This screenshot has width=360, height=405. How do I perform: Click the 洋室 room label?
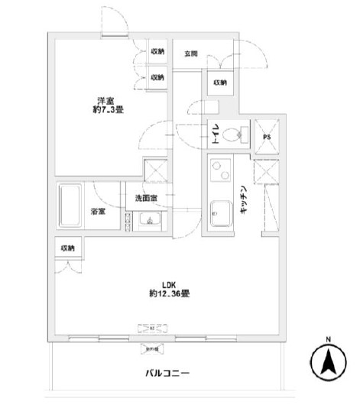click(x=105, y=99)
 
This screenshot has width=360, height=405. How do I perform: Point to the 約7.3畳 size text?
click(x=105, y=109)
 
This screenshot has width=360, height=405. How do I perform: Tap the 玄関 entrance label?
click(x=191, y=53)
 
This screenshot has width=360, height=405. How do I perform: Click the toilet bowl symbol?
click(x=238, y=134)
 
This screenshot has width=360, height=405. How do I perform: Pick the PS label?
click(x=267, y=138)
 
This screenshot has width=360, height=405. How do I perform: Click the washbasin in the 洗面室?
click(x=148, y=222)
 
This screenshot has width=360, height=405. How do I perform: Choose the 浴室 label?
click(x=99, y=212)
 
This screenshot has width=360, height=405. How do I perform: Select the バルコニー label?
click(x=167, y=374)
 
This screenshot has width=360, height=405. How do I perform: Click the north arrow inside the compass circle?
click(x=329, y=361)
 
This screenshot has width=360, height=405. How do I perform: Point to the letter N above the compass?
click(x=329, y=339)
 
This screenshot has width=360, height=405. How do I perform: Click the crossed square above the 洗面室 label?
click(x=157, y=172)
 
